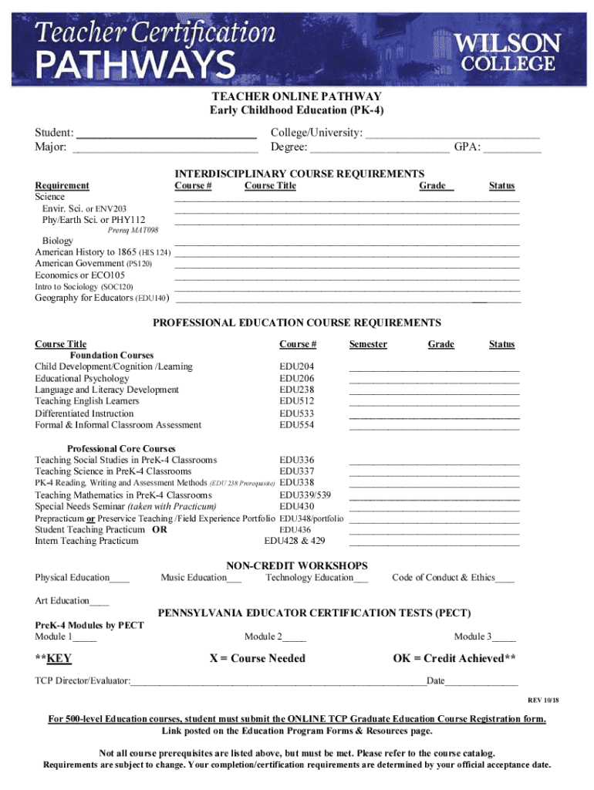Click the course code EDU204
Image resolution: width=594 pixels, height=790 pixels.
297,366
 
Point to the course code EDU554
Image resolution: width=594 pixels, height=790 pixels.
297,425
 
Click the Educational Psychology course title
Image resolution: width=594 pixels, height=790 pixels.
83,379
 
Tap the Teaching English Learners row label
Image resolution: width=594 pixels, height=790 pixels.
87,401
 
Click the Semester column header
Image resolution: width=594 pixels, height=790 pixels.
368,344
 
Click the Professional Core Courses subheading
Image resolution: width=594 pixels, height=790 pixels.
121,448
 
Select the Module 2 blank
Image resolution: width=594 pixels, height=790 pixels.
294,638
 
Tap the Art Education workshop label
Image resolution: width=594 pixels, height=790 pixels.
62,600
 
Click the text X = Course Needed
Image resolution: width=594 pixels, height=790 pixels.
258,658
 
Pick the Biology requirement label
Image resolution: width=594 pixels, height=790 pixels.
58,241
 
